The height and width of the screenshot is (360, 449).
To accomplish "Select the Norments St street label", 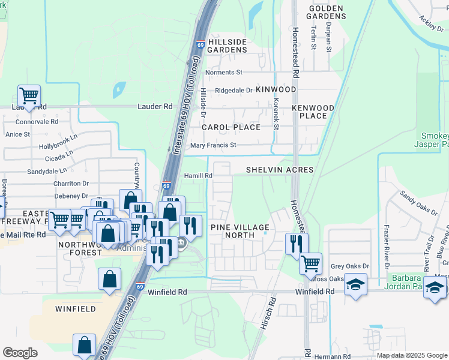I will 223,73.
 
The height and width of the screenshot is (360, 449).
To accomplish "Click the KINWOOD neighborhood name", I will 276,89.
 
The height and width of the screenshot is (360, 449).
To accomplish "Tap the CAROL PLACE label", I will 231,127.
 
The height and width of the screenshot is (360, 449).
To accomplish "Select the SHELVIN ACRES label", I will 280,170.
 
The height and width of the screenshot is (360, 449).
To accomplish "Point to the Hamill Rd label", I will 199,175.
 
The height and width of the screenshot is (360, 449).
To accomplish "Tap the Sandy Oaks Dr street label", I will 419,202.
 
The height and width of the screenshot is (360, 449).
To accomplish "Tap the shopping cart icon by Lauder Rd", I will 29,95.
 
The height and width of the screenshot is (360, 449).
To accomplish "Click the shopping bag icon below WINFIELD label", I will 84,345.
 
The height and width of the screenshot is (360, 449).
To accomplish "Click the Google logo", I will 20,353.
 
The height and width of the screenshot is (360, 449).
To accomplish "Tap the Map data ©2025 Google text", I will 411,355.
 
